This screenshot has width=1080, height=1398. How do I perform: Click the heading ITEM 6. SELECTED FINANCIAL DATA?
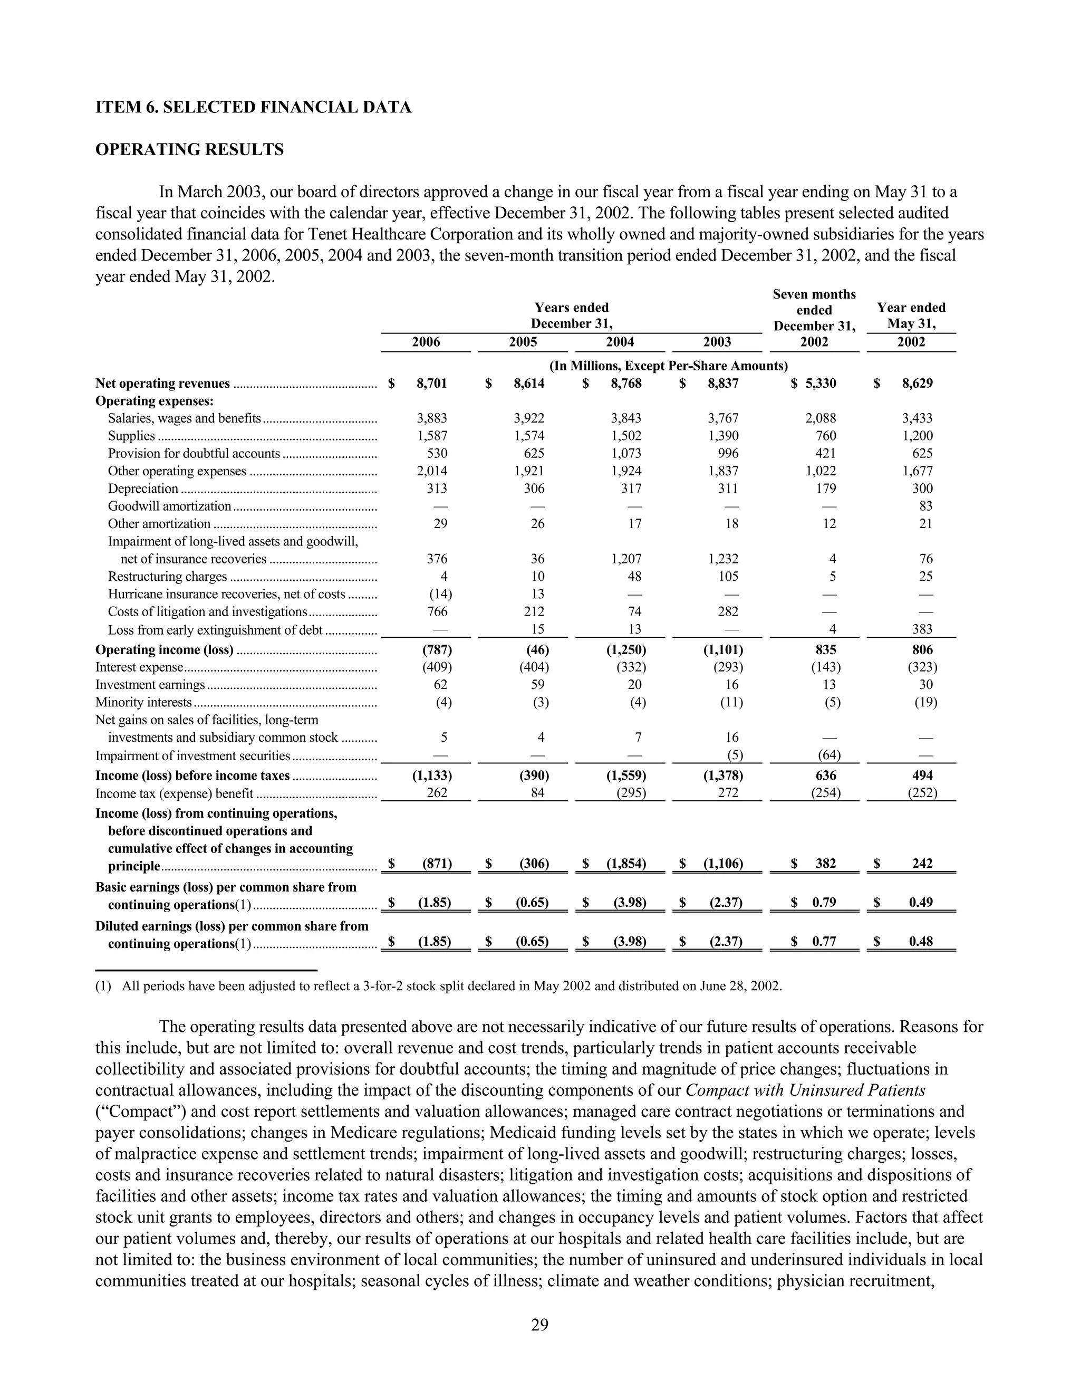tap(253, 107)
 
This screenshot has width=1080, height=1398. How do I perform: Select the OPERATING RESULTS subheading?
tap(189, 150)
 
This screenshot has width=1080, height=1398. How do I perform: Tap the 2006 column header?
tap(426, 342)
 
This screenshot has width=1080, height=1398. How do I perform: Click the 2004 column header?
tap(620, 342)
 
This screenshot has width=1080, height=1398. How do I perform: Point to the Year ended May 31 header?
tap(911, 315)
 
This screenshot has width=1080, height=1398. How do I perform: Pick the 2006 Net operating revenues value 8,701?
tap(432, 384)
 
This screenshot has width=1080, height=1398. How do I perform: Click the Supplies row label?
tap(131, 436)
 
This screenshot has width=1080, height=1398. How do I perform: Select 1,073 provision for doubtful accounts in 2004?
tap(626, 453)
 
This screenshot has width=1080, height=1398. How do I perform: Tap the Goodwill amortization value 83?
tap(924, 506)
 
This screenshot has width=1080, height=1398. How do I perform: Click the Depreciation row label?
tap(143, 489)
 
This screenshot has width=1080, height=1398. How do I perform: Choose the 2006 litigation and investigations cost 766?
tap(437, 611)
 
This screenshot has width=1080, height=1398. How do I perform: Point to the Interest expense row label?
tap(139, 667)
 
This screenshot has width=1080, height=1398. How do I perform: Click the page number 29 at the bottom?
tap(539, 1324)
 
